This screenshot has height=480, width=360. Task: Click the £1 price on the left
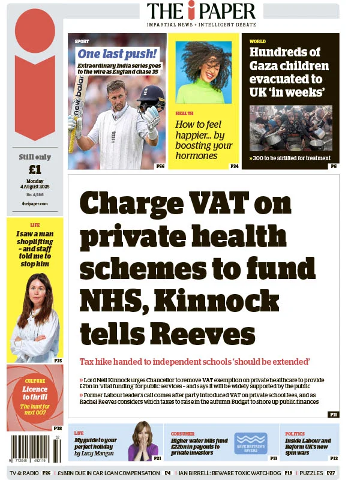click(34, 169)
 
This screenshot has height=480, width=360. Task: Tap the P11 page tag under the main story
click(333, 415)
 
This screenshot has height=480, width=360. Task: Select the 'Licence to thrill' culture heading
click(35, 393)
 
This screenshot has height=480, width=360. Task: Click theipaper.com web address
click(34, 204)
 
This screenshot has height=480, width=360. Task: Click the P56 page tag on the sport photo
click(160, 166)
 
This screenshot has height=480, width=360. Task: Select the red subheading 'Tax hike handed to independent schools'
click(194, 362)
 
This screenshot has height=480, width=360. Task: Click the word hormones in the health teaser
click(196, 155)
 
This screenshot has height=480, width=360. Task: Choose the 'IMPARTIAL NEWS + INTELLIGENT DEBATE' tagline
click(201, 25)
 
